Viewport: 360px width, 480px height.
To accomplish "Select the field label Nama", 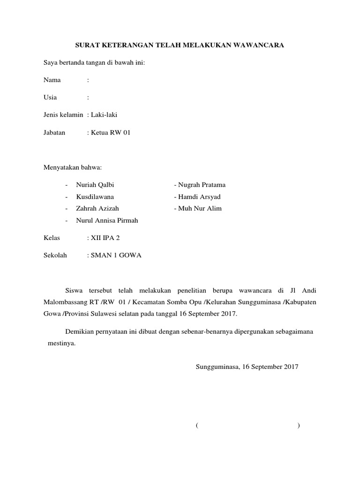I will [52, 80].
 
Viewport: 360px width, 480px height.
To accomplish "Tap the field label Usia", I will [50, 97].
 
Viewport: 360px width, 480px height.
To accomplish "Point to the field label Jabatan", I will [54, 133].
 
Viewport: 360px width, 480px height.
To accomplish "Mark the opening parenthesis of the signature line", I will [197, 426].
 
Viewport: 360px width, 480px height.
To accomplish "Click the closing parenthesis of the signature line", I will [299, 426].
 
